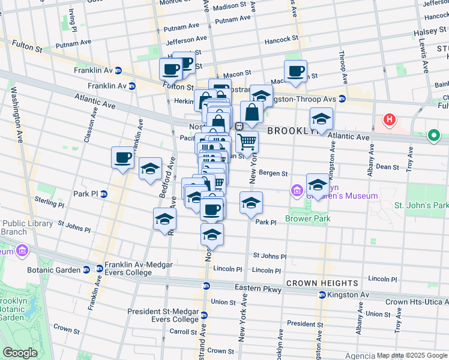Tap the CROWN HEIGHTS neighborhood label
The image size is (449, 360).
[322, 283]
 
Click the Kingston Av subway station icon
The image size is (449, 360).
[322, 295]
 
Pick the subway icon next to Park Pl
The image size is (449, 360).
[104, 194]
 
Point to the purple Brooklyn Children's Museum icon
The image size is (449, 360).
[296, 191]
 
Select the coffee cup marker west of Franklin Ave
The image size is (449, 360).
[123, 158]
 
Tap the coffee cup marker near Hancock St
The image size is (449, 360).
[295, 71]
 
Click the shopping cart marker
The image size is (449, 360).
[247, 142]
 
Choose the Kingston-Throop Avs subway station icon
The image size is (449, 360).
[342, 98]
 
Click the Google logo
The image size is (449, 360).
[20, 353]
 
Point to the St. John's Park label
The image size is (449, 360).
[421, 206]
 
